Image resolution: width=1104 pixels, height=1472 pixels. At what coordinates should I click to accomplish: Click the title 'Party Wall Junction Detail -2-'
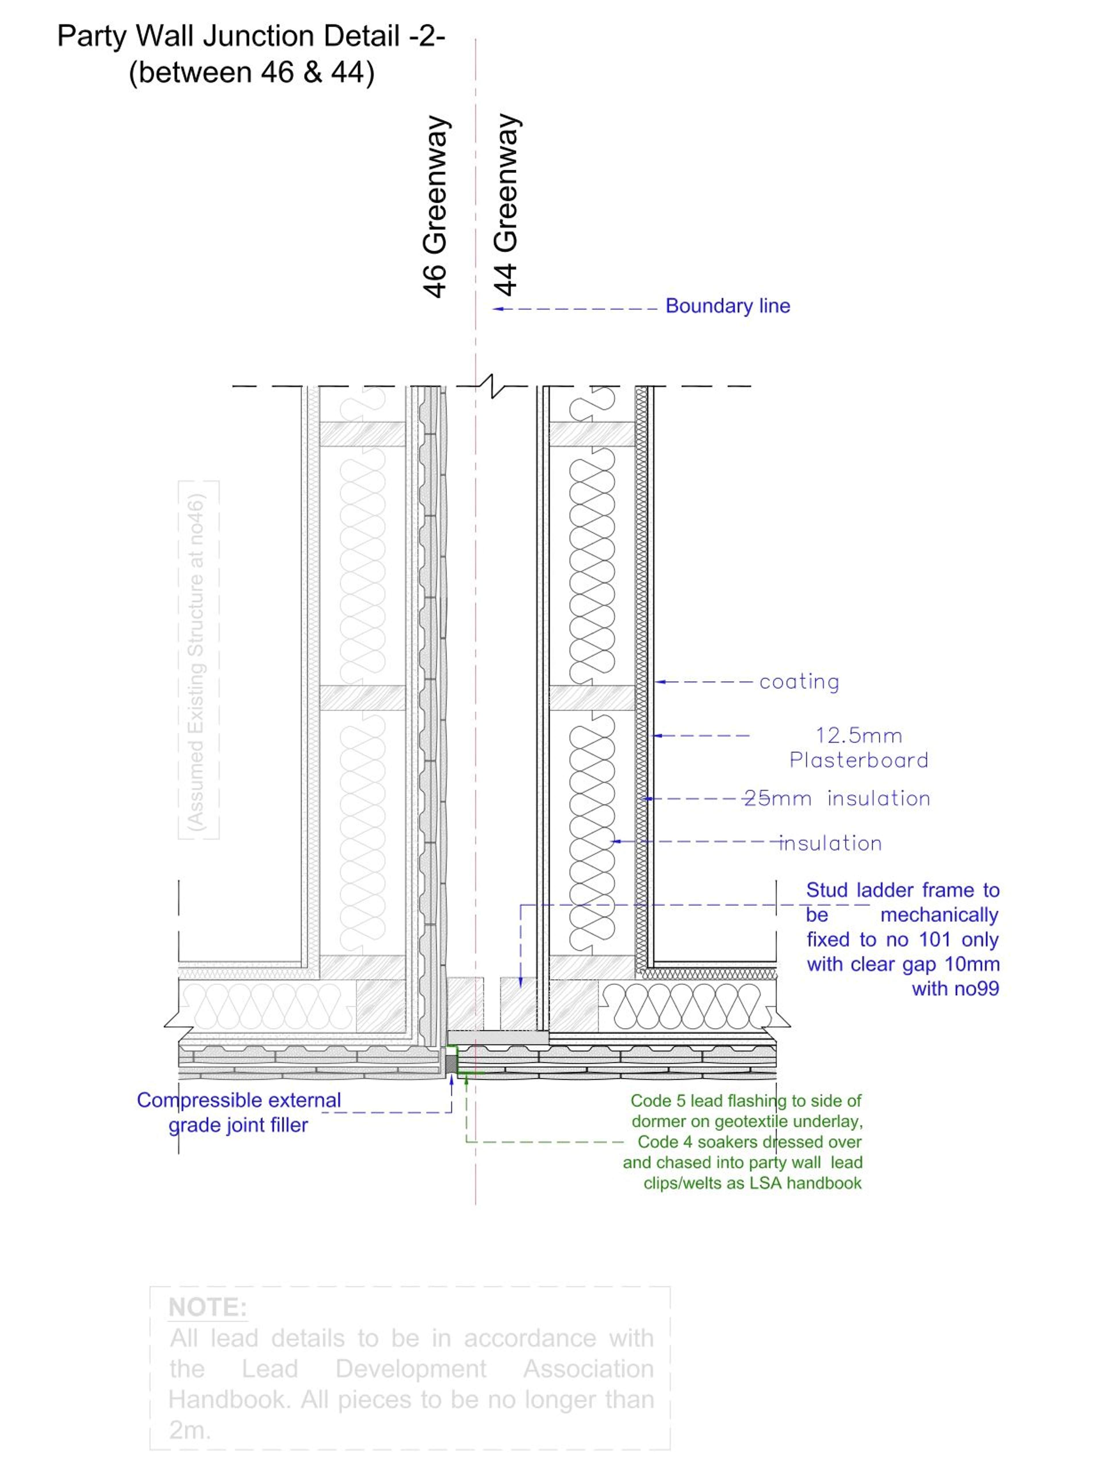(251, 36)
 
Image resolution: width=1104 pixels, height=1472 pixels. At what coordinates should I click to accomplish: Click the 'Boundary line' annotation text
(727, 306)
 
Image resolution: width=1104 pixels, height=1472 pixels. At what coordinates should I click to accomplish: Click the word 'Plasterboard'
(858, 760)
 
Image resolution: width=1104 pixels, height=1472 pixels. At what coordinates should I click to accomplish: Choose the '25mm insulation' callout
(837, 799)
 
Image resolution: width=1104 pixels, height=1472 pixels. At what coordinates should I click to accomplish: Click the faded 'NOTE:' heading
(208, 1308)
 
